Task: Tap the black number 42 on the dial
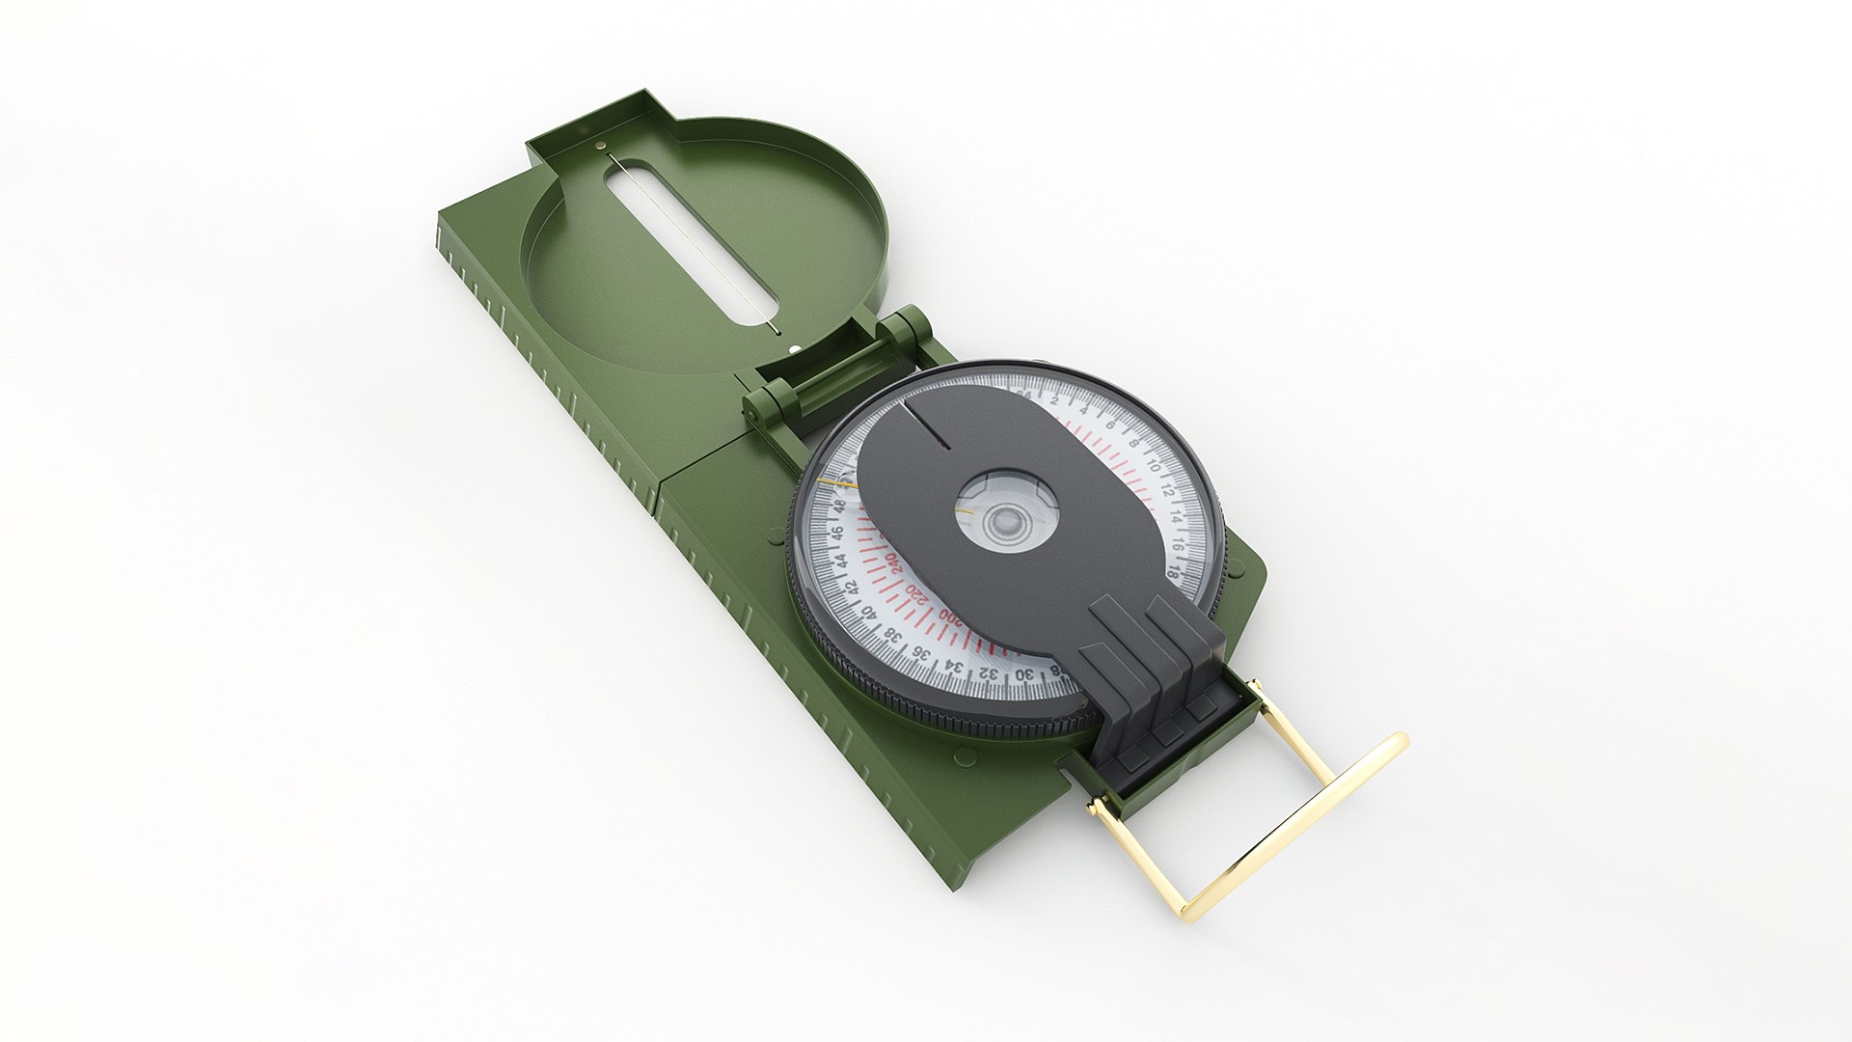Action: [852, 589]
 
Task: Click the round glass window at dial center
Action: [1007, 521]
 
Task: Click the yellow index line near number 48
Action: [835, 480]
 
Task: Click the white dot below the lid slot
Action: [793, 351]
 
